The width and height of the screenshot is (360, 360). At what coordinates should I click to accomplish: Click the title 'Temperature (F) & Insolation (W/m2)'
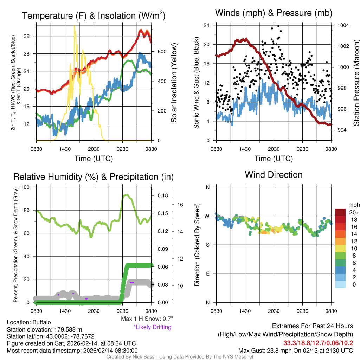tap(94, 16)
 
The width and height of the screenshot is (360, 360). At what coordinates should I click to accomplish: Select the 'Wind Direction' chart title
tap(274, 175)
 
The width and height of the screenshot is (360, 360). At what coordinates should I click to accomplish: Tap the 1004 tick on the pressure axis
tap(343, 25)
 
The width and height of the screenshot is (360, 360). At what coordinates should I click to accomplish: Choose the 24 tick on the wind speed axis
tap(206, 25)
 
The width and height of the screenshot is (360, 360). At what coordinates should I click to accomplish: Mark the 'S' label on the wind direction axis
tap(208, 245)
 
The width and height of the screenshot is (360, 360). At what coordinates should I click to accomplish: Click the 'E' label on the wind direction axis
tap(208, 274)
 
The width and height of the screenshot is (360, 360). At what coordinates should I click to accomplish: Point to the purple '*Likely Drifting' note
tap(152, 327)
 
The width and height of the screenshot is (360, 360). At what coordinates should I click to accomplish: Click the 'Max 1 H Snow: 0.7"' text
tap(147, 319)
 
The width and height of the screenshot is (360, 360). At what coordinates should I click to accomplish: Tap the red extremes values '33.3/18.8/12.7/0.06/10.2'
tap(318, 343)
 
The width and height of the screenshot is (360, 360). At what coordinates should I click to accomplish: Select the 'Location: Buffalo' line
tap(29, 322)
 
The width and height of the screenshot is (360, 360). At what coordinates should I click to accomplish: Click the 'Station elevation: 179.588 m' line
tap(44, 329)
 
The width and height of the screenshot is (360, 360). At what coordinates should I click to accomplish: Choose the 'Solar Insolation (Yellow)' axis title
tap(174, 83)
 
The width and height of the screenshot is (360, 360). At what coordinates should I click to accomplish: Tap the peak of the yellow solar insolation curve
tap(74, 26)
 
